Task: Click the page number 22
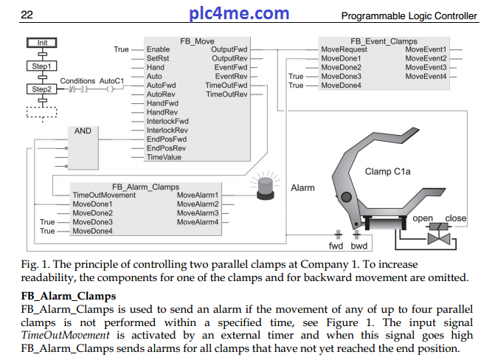[27, 15]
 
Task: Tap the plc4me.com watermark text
[239, 13]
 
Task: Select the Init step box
[42, 43]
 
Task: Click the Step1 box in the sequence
[41, 66]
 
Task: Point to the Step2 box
[41, 89]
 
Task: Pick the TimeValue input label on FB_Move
[163, 157]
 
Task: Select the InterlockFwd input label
[167, 121]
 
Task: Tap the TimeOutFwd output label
[226, 86]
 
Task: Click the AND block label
[83, 131]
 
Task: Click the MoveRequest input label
[344, 49]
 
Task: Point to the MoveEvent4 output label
[426, 76]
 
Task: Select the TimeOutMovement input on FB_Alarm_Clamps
[104, 195]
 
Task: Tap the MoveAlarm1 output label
[198, 195]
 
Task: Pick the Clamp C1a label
[389, 172]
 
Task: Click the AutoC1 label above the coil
[111, 80]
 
